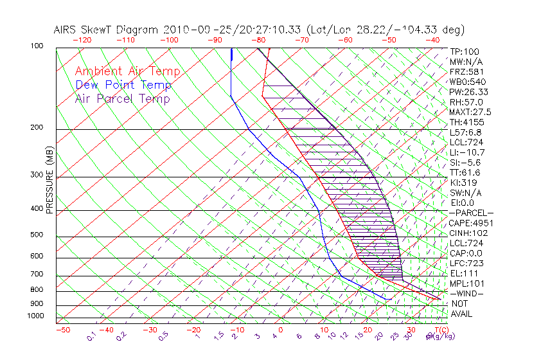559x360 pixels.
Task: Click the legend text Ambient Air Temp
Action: (x=127, y=71)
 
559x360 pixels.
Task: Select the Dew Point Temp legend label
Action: (x=123, y=85)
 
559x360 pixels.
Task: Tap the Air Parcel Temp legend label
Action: (x=122, y=98)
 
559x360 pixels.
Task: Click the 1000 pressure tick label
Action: (x=36, y=316)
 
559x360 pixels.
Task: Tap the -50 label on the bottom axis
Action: (x=62, y=330)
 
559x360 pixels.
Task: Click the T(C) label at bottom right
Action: (x=441, y=330)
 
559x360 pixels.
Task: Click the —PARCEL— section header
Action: (x=471, y=212)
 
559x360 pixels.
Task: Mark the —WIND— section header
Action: (x=466, y=293)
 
